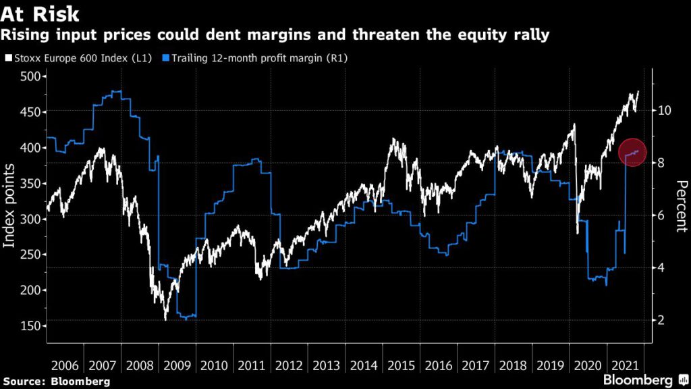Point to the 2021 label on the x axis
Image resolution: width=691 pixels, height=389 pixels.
click(x=626, y=366)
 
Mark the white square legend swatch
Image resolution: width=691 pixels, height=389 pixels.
click(x=9, y=58)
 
